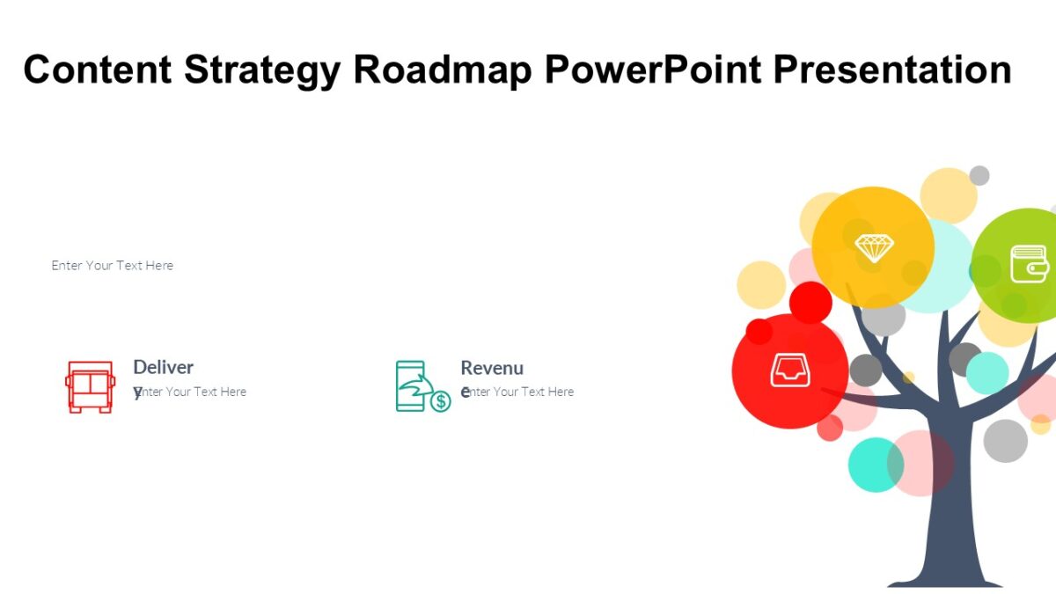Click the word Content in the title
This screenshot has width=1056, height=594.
(x=97, y=70)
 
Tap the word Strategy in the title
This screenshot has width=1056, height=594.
(x=261, y=70)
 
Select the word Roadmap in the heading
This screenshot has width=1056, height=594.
(x=443, y=70)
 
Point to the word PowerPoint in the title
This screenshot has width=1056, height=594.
(x=652, y=70)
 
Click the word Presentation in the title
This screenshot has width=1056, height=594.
(x=892, y=70)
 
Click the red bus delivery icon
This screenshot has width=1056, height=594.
(x=90, y=386)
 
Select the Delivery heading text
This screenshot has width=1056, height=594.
(x=163, y=368)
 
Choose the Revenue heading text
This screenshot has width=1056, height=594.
(x=492, y=368)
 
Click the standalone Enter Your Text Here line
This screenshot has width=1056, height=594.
(x=113, y=265)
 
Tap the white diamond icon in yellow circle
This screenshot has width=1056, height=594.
(x=874, y=247)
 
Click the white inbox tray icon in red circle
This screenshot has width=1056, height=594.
(x=789, y=370)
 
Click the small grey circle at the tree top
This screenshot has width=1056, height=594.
(x=979, y=175)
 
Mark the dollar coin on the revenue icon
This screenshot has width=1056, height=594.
(x=440, y=401)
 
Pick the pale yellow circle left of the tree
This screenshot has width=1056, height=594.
(x=761, y=284)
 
